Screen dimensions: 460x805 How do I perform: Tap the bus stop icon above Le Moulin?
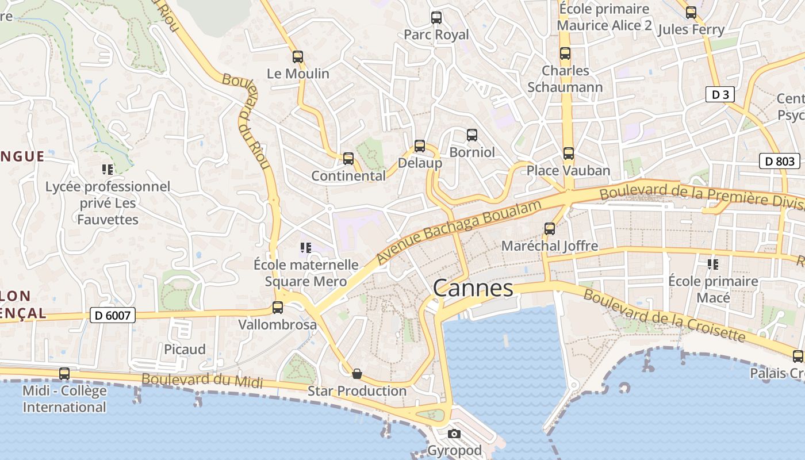point(297,57)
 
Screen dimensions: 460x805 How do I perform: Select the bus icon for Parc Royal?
point(436,18)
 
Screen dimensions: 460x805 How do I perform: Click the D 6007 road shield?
point(113,315)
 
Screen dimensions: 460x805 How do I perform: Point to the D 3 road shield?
point(720,95)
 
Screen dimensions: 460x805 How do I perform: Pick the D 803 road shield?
point(780,162)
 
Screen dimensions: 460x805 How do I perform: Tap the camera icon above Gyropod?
point(454,434)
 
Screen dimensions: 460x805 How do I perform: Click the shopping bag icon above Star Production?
point(357,374)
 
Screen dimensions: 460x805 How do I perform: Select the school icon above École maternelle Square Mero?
point(305,248)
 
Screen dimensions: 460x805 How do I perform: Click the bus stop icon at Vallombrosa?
point(278,308)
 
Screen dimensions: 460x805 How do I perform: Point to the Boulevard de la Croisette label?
point(664,315)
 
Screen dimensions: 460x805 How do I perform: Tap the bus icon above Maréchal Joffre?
point(549,229)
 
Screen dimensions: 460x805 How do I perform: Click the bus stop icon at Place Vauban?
point(568,154)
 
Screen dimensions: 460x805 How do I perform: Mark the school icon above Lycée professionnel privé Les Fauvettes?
point(108,170)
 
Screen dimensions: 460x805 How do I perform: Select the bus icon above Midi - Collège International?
point(64,374)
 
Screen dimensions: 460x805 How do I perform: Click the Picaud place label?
point(185,350)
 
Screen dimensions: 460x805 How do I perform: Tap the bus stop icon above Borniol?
point(471,135)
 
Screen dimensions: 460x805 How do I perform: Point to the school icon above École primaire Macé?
point(713,264)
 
